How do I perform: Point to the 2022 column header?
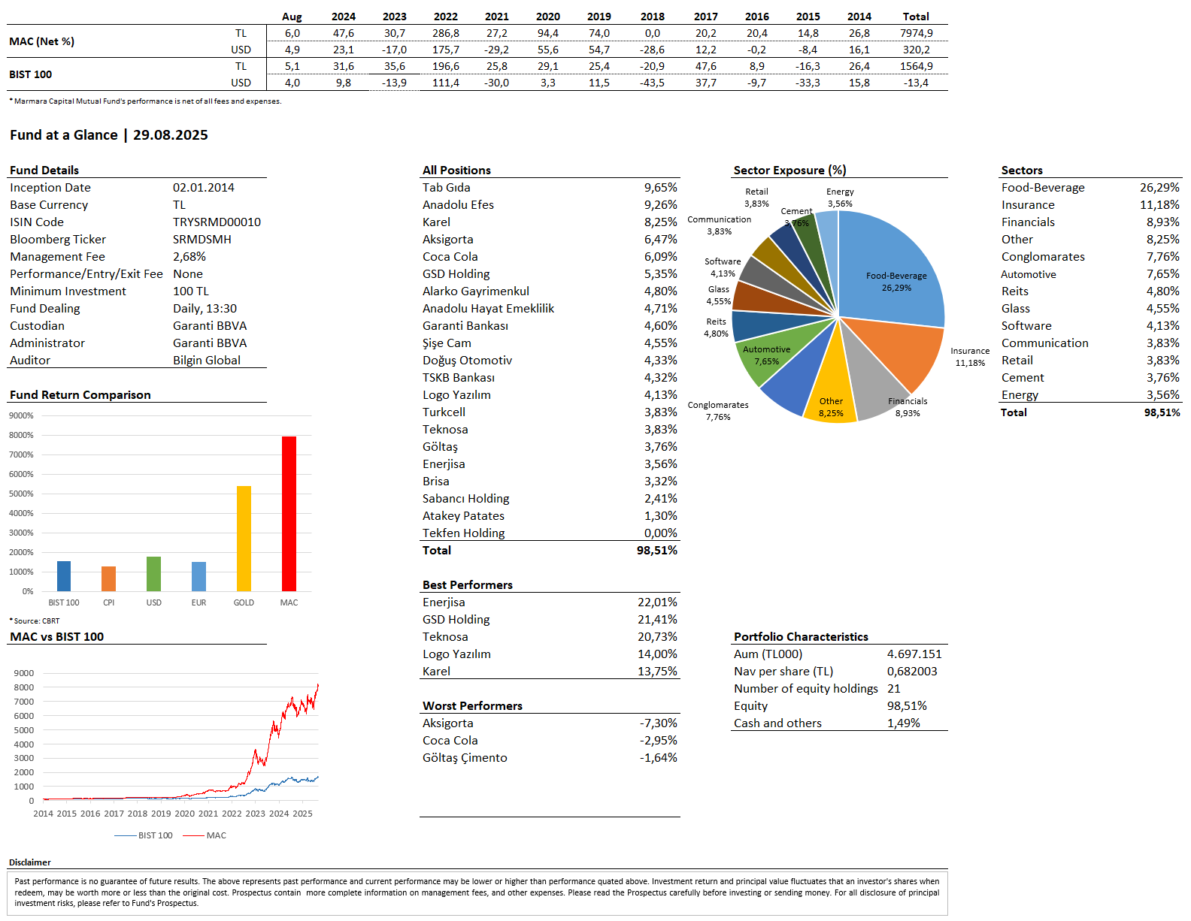tap(446, 17)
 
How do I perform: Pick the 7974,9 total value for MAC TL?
tap(916, 33)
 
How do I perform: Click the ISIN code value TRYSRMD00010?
tap(217, 222)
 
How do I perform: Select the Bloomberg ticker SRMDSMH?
tap(202, 240)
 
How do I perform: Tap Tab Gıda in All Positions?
tap(446, 188)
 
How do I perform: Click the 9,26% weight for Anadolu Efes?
tap(660, 205)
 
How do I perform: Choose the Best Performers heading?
tap(467, 585)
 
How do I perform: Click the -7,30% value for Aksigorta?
tap(658, 723)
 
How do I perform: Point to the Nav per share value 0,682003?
tap(911, 672)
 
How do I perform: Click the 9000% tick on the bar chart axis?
tap(21, 415)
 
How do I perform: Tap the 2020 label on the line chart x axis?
tap(184, 814)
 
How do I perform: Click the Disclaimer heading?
tap(30, 862)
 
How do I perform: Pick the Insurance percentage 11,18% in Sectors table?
tap(1159, 205)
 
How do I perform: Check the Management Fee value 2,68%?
tap(189, 257)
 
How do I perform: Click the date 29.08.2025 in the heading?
tap(170, 135)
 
